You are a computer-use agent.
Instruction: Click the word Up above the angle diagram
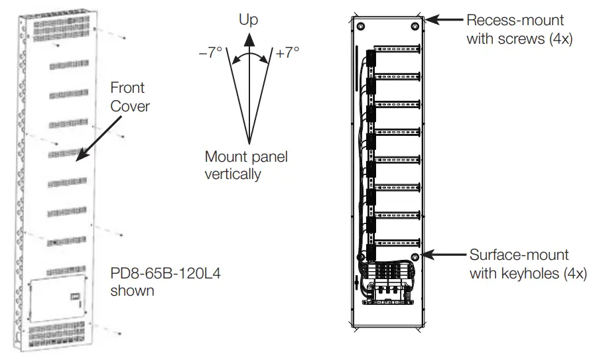click(x=248, y=21)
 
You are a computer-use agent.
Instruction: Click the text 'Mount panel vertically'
click(x=246, y=166)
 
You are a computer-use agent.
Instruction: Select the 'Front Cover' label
click(x=127, y=96)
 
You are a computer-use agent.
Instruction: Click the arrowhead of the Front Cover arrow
click(x=77, y=158)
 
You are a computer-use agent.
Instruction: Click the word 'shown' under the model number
click(x=133, y=290)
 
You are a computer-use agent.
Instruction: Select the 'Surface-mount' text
click(x=518, y=255)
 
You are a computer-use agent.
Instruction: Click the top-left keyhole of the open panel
click(x=360, y=27)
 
